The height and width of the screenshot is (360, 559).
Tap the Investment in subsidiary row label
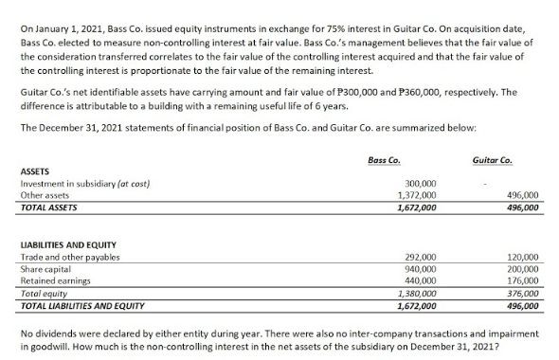(84, 183)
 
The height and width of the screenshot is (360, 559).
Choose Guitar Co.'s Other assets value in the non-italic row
(523, 194)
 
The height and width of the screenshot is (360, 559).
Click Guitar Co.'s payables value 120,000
(523, 258)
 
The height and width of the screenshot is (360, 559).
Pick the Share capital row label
(48, 269)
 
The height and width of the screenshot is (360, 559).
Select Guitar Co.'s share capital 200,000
(523, 269)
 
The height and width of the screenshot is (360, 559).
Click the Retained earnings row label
(56, 281)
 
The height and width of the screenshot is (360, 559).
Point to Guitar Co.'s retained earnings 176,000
(523, 281)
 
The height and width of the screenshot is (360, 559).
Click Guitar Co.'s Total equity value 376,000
(523, 294)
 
